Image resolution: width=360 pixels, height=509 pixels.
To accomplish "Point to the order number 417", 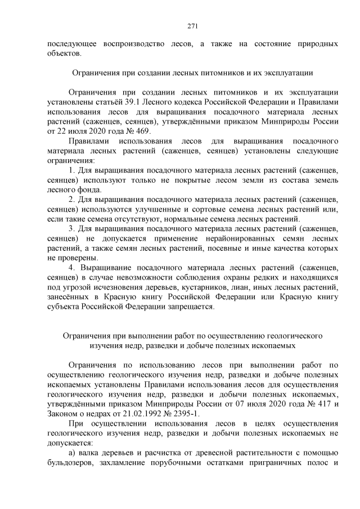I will pyautogui.click(x=321, y=403).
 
